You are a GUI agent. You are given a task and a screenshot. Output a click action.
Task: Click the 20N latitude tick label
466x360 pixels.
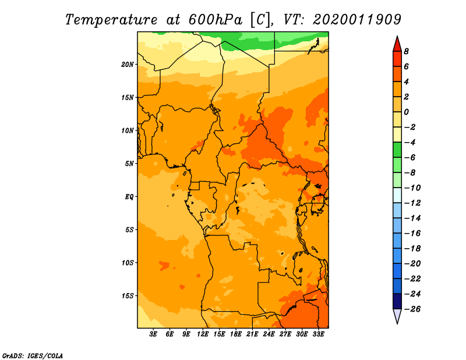[128, 65]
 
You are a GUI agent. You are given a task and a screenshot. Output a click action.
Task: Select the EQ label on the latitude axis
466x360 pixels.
[129, 197]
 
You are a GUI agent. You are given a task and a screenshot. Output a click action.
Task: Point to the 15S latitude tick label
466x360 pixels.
[128, 296]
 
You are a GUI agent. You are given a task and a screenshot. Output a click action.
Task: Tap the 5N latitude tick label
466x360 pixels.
[129, 164]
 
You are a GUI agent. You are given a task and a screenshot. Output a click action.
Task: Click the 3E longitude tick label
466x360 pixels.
[153, 334]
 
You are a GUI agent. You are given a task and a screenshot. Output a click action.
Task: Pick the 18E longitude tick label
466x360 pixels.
[236, 334]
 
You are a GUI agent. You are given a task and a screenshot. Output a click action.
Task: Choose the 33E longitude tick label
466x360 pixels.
[318, 334]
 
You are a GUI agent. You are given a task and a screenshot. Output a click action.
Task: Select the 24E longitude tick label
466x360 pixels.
[269, 334]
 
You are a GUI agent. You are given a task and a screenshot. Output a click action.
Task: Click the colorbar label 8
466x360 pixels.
[406, 51]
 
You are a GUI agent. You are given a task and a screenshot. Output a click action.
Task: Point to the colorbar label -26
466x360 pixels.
[412, 309]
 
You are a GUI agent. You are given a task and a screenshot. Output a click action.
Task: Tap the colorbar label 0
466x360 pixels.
[406, 112]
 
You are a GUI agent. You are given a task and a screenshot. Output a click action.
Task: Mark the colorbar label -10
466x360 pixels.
[412, 188]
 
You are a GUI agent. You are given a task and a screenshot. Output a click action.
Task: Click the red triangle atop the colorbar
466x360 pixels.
[397, 45]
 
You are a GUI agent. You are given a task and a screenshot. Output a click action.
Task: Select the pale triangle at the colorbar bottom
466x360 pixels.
[397, 316]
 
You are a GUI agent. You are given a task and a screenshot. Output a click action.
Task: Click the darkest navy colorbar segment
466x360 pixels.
[397, 301]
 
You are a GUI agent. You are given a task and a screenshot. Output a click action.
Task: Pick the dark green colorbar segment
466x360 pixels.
[397, 150]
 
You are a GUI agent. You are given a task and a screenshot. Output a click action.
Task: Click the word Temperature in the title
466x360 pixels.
[111, 20]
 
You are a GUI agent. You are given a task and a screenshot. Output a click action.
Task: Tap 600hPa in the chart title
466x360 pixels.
[216, 20]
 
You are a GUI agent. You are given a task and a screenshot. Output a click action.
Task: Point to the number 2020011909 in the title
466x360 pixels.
[357, 20]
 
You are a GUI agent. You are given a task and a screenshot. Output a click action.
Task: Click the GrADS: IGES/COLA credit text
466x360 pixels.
[33, 356]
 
